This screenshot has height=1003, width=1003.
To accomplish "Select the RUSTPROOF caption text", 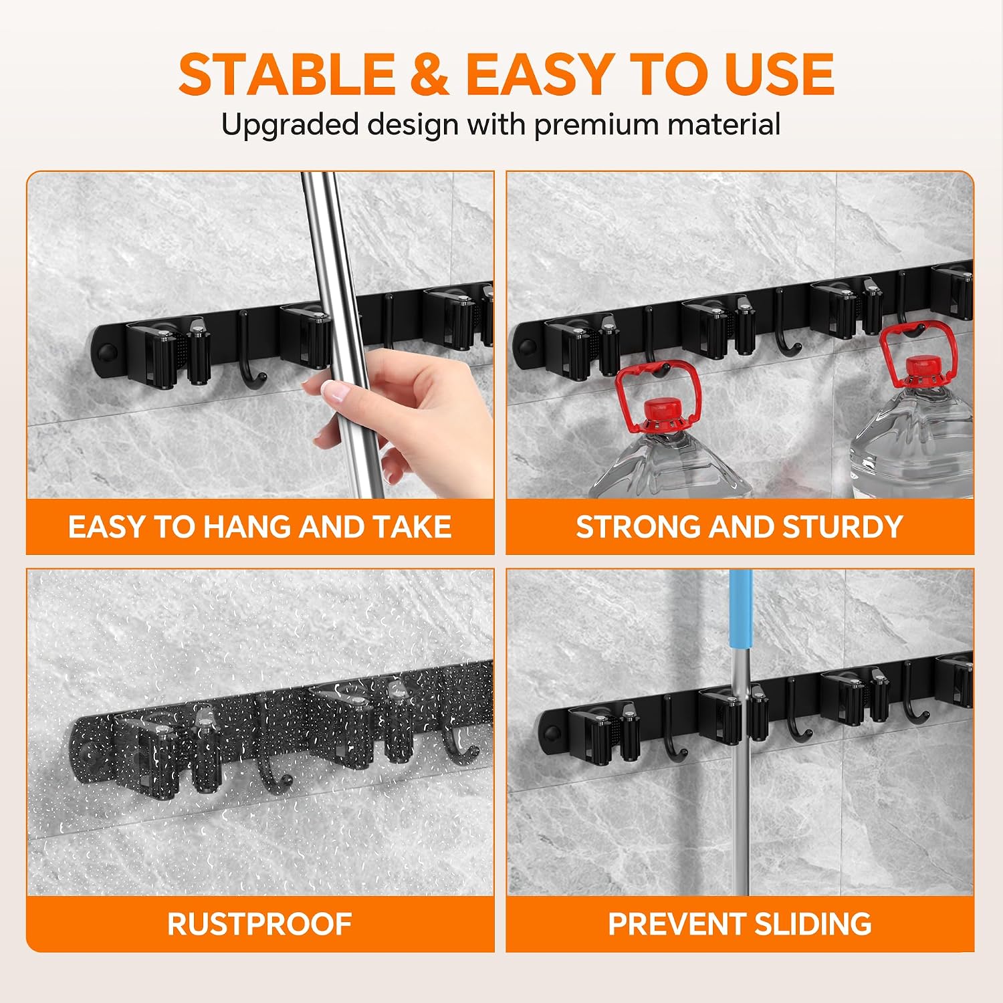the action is (259, 924).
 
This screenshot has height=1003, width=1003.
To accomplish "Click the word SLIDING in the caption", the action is (813, 924).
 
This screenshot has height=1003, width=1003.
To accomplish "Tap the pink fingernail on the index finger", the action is (333, 391).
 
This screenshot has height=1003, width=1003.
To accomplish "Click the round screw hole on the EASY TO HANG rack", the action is (106, 352).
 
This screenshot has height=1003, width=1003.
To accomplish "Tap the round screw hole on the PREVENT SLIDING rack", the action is (552, 732).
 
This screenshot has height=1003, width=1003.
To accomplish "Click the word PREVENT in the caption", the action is (677, 924).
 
